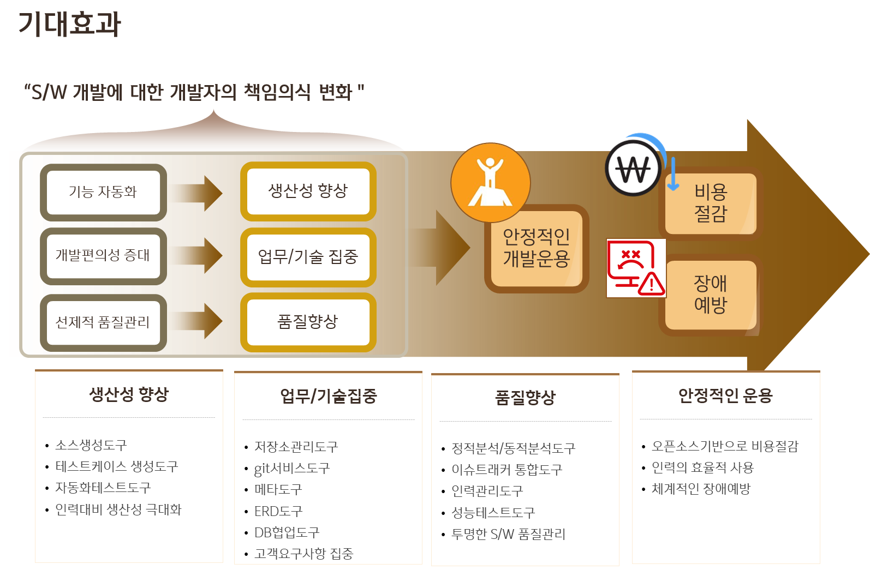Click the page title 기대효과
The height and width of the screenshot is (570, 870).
coord(69,25)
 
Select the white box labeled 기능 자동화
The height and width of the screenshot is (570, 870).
coord(103,192)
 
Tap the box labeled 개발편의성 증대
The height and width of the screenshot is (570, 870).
coord(103,255)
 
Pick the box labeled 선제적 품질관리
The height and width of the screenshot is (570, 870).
coord(103,322)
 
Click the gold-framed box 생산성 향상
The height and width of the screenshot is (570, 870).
coord(308,191)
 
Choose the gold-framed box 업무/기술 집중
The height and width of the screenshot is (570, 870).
coord(308,256)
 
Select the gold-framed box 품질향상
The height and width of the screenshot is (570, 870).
coord(308,321)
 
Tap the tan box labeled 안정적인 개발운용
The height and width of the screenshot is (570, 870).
coord(536,248)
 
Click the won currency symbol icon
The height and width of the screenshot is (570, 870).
coord(633,169)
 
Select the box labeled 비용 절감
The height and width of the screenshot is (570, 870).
coord(711,203)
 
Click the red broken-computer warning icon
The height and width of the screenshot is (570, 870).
coord(636,268)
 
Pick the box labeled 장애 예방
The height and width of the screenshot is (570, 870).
coord(711,294)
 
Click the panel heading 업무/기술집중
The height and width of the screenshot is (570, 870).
coord(328,396)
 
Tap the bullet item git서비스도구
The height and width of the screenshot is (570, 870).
coord(292,469)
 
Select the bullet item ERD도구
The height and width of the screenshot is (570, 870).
coord(278,512)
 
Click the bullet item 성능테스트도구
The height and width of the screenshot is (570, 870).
coord(493,513)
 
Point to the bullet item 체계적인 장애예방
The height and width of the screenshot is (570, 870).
coord(701,489)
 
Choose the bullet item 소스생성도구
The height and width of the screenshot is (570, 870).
coord(91,445)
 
